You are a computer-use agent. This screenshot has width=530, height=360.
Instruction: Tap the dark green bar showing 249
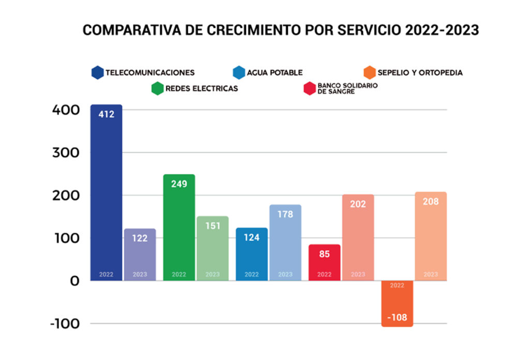179,228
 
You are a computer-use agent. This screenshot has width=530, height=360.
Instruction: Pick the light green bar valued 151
213,248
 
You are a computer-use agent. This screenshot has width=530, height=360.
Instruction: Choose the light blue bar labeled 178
285,243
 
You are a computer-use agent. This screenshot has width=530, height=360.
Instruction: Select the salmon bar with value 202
358,237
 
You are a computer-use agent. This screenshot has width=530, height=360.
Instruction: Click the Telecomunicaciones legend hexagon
97,73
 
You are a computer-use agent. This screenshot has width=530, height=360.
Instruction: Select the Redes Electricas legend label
201,88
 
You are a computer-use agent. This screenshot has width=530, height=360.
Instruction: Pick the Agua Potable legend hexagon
239,73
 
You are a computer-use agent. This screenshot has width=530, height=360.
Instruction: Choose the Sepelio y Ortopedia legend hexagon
369,73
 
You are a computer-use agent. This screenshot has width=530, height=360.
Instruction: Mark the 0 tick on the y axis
74,281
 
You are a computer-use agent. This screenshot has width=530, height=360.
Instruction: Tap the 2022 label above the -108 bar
397,286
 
